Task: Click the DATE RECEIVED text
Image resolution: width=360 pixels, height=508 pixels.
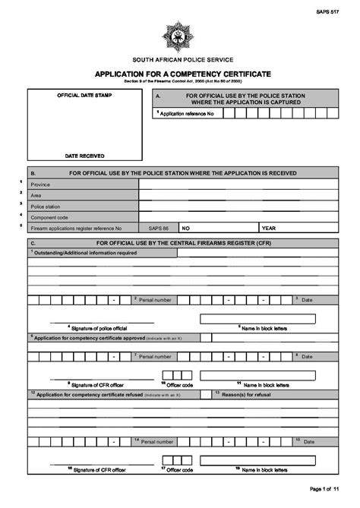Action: click(85, 155)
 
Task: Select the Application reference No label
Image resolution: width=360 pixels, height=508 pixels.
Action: click(186, 113)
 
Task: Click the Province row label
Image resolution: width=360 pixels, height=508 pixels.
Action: click(40, 185)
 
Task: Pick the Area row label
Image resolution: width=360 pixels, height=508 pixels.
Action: click(36, 195)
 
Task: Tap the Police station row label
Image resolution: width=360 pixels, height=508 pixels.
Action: click(46, 206)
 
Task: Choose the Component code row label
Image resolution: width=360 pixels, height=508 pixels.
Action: click(49, 216)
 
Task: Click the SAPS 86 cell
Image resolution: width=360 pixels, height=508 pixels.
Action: click(159, 227)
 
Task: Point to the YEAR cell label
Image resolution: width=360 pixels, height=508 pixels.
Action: click(269, 227)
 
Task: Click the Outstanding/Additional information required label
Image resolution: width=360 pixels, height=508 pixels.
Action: click(85, 252)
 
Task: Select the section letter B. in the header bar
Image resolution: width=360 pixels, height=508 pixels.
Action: click(33, 173)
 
